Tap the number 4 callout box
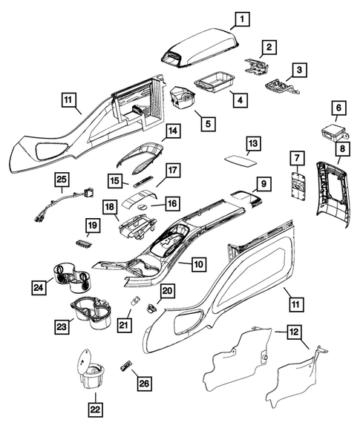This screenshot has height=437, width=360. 239,98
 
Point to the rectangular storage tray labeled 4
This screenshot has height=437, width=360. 213,80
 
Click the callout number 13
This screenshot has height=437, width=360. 253,142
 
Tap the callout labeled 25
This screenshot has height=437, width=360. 62,180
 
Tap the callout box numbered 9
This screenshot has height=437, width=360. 262,182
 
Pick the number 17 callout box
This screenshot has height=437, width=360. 172,170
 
